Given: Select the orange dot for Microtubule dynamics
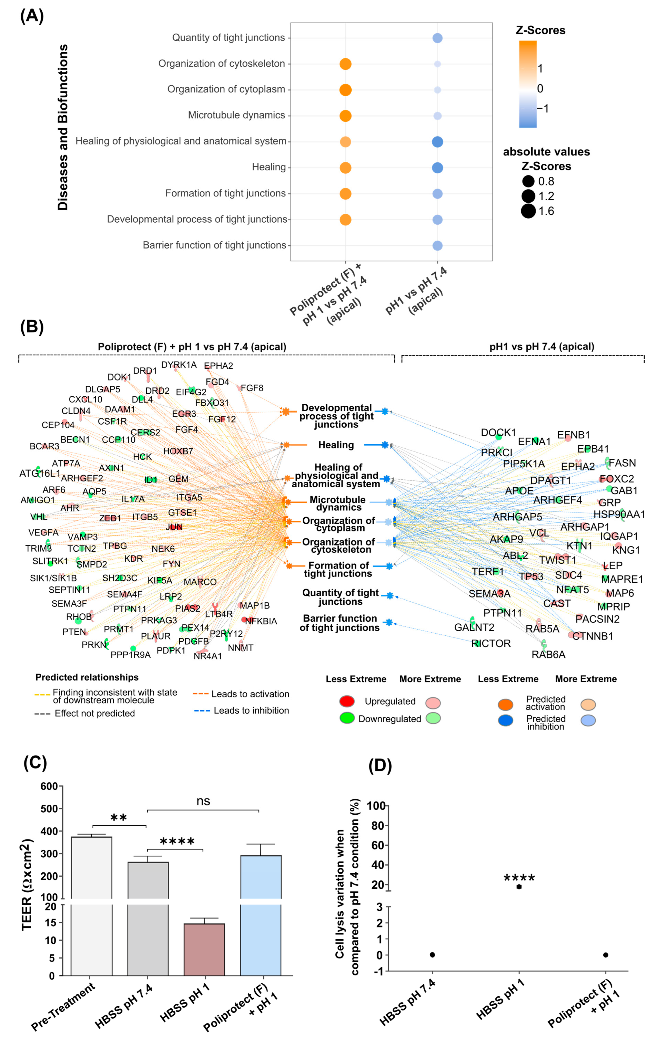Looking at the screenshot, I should [345, 116].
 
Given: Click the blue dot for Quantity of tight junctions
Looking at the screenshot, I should [437, 38].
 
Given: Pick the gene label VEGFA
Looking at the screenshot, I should [43, 532].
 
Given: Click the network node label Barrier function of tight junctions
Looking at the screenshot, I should [340, 623].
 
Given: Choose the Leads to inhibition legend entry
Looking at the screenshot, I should [251, 711].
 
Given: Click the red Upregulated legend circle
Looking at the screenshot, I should [347, 701].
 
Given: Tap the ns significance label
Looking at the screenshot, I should [203, 801].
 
